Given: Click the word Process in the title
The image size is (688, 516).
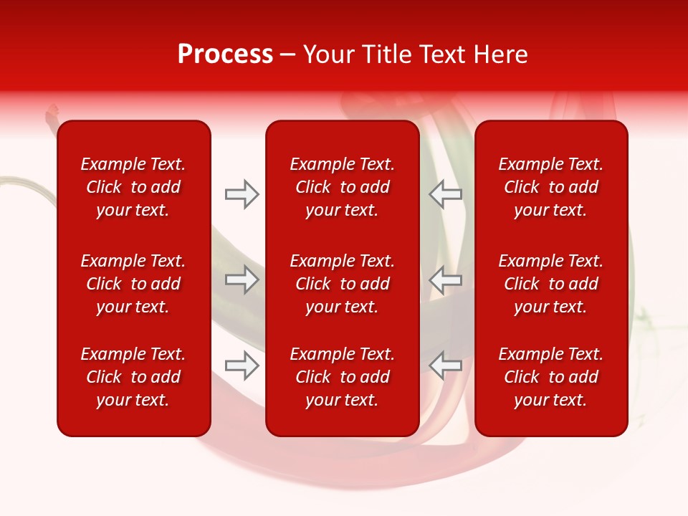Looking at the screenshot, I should click(225, 54).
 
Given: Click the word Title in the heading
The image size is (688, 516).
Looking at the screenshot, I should click(386, 54).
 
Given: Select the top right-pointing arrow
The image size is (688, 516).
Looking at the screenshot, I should click(242, 194).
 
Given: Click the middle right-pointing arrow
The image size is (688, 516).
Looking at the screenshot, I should click(242, 279).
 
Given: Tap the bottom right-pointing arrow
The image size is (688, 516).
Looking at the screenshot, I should click(242, 365).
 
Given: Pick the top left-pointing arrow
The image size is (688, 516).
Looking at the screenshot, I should click(445, 194).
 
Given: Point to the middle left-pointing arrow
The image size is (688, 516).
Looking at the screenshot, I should click(445, 279).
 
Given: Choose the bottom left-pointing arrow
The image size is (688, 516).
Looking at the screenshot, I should click(445, 365).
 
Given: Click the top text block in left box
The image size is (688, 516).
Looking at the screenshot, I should click(133, 187).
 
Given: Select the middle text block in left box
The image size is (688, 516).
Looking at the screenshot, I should click(133, 284).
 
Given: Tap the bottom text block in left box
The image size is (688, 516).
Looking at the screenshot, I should click(133, 377).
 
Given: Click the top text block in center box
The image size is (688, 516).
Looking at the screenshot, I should click(342, 187).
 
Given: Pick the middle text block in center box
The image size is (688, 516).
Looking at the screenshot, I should click(342, 284).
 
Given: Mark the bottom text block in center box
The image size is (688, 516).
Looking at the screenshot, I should click(342, 377).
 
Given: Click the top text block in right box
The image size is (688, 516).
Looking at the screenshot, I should click(550, 187).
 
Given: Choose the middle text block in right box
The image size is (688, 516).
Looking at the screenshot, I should click(550, 284).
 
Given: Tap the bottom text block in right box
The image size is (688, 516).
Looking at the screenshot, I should click(550, 377).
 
